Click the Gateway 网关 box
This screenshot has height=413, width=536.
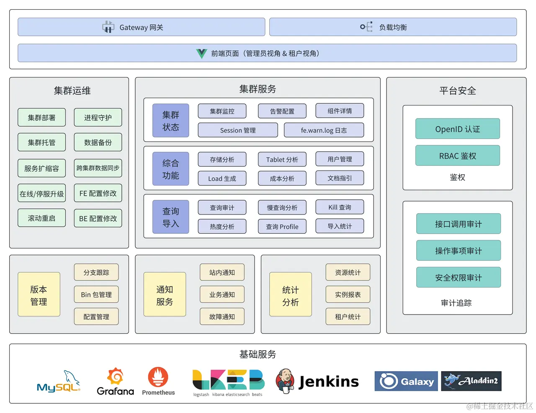(141, 27)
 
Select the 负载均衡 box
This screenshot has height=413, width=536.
(392, 27)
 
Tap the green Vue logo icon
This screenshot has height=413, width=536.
(201, 54)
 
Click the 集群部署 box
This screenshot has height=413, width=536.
(41, 118)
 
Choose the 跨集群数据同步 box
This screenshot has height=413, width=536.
(98, 168)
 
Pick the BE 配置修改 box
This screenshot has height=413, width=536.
(98, 218)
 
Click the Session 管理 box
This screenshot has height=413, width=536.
(237, 130)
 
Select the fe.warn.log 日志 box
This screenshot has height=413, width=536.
(323, 130)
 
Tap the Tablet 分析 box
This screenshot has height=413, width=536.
(282, 160)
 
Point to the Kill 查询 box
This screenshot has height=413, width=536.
(340, 207)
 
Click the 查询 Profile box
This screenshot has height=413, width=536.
(282, 227)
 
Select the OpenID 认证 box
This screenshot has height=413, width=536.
(457, 129)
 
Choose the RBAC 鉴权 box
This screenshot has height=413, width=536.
(457, 156)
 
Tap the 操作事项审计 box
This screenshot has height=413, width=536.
(458, 250)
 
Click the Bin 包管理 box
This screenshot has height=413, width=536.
(96, 294)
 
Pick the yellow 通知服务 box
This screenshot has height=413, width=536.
(165, 294)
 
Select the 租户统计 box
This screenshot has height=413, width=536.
(348, 317)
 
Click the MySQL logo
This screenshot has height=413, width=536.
(58, 382)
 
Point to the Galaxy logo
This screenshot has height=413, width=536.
(406, 381)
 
